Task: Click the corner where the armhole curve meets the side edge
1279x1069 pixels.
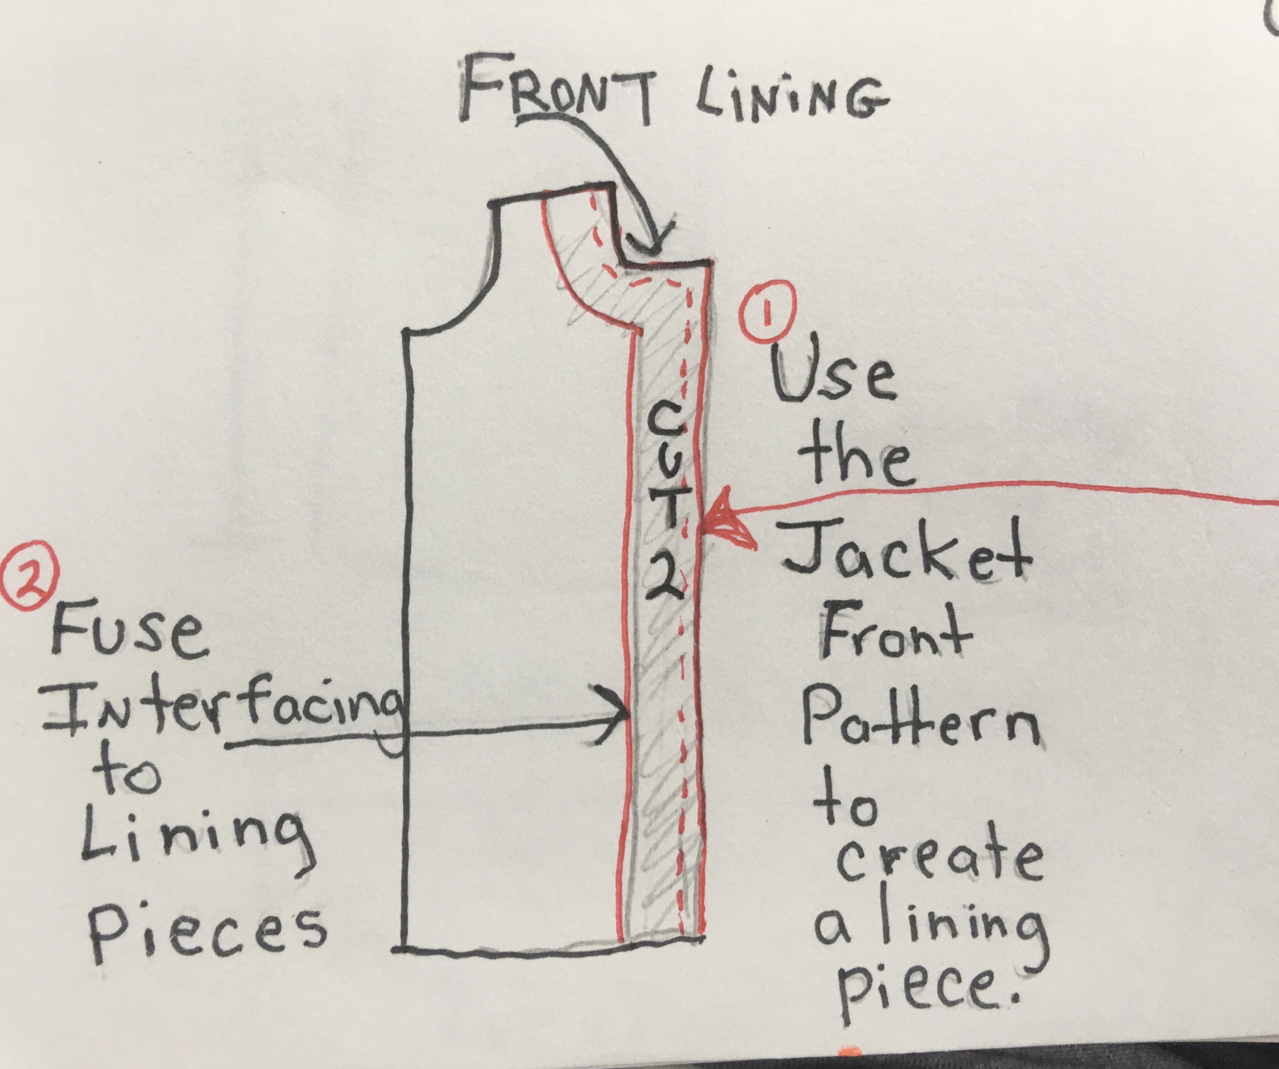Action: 404,332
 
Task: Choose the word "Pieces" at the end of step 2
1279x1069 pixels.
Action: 207,932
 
